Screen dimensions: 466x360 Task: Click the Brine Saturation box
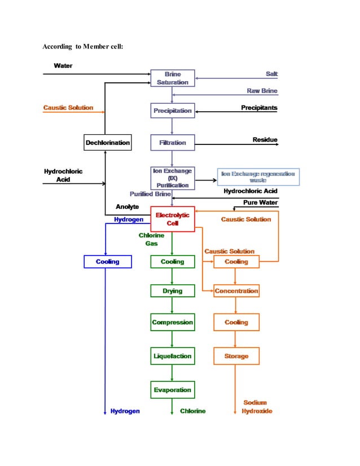172,78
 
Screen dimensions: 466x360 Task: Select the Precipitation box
172,111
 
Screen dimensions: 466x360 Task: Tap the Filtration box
172,143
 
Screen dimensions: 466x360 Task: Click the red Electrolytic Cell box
172,219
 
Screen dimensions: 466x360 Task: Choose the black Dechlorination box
108,143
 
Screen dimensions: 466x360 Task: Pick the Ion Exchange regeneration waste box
258,177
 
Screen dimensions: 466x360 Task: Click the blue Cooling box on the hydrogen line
108,262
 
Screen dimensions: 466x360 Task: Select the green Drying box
172,291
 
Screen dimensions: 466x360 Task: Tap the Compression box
172,323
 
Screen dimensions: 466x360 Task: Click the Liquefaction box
172,356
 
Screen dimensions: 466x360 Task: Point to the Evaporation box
172,390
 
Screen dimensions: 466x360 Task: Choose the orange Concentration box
236,291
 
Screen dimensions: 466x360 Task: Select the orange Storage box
236,356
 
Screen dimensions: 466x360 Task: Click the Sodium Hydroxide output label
257,407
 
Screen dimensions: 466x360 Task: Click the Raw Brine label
262,91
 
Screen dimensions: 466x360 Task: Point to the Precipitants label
259,108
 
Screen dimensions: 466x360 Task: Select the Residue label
265,140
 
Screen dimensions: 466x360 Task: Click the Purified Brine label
150,194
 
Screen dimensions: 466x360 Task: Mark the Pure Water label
260,203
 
